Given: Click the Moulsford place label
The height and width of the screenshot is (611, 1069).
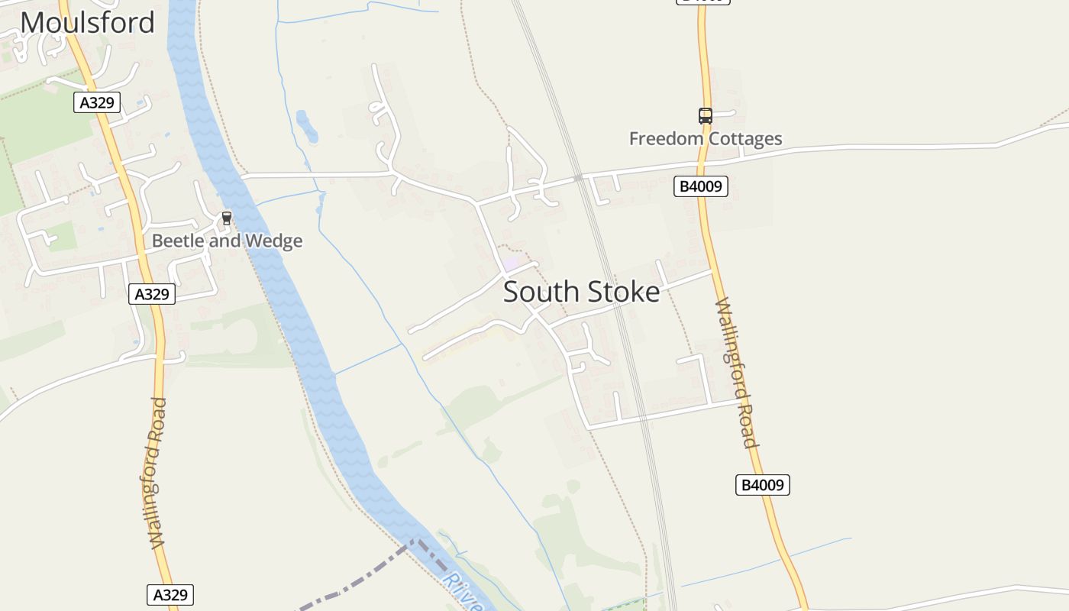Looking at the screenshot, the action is point(87,22).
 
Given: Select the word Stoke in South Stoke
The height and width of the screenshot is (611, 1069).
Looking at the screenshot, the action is point(622,293).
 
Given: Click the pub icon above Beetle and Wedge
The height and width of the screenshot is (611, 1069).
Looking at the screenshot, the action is point(226,218).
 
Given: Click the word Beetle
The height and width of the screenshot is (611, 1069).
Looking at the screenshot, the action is point(177,241).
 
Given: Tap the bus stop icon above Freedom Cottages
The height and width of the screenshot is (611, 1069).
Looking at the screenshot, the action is point(705,116).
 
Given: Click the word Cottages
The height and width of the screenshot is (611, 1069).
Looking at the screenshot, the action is point(745,139).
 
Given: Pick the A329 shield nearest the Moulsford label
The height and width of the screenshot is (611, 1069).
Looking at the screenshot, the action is point(97,102).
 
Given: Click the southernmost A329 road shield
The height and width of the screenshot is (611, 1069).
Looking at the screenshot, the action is point(170,595).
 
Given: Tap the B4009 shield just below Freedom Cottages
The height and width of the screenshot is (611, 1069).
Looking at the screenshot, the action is point(700,186).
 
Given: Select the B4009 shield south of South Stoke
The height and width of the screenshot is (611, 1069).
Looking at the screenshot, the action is point(762,485).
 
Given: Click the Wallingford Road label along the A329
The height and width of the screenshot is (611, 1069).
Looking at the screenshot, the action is point(156,474).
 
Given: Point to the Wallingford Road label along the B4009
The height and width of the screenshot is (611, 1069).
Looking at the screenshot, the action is point(735,373).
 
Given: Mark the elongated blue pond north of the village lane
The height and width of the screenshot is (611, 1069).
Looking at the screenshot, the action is point(306,126).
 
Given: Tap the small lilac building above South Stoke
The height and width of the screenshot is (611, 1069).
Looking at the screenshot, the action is point(509,263).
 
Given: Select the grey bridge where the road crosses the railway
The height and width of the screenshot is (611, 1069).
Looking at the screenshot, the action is point(579,178).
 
